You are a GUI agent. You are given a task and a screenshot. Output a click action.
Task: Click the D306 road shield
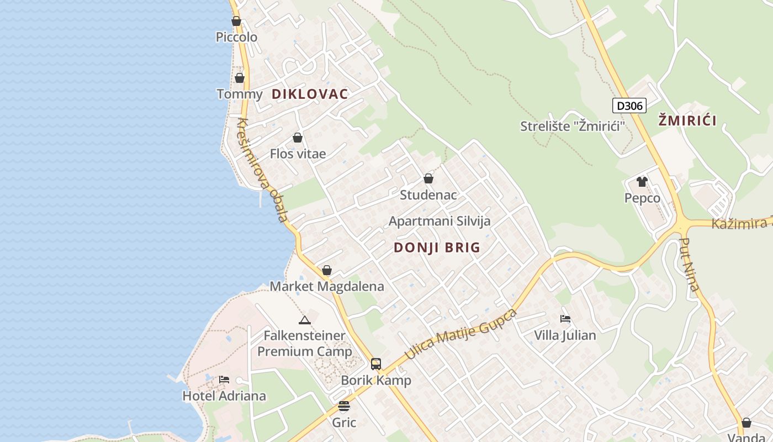(629, 106)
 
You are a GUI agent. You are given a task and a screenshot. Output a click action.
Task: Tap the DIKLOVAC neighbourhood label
(310, 94)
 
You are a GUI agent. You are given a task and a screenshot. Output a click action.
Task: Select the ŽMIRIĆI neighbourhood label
(687, 120)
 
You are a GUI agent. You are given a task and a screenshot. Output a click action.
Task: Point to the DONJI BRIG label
(437, 248)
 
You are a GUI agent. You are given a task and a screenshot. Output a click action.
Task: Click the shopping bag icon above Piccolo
(236, 22)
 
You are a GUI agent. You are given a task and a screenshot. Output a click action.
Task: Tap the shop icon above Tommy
(240, 78)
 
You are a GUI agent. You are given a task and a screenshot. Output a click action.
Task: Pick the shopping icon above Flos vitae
(298, 138)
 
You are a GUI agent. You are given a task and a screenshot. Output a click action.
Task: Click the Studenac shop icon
(428, 179)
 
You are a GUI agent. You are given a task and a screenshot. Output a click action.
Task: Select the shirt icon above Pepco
(642, 182)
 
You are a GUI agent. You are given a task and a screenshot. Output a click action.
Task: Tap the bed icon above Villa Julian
(565, 319)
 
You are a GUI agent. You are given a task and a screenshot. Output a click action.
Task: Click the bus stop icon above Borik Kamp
(376, 364)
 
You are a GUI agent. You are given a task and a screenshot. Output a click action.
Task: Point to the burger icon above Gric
(344, 407)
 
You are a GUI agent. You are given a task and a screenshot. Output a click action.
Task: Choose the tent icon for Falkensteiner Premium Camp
(304, 320)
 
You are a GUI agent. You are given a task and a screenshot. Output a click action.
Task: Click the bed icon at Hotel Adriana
(224, 380)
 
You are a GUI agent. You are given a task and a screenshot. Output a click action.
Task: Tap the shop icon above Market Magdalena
(327, 271)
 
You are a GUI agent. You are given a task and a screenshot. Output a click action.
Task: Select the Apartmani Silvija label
(440, 221)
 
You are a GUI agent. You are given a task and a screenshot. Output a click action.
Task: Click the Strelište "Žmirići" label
(572, 126)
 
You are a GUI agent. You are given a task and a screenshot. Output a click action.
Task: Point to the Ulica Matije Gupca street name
(461, 333)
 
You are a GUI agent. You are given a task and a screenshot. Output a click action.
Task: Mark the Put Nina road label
(690, 264)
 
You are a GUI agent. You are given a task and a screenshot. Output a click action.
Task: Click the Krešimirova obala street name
(263, 169)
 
